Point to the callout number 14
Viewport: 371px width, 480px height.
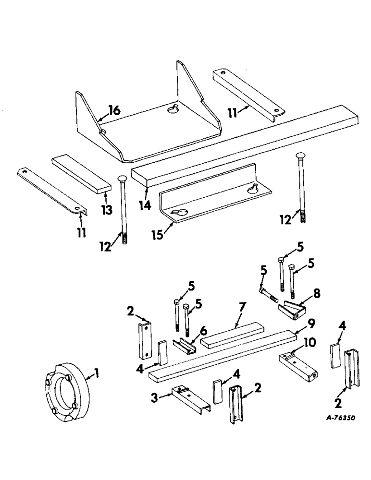pyautogui.click(x=145, y=205)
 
